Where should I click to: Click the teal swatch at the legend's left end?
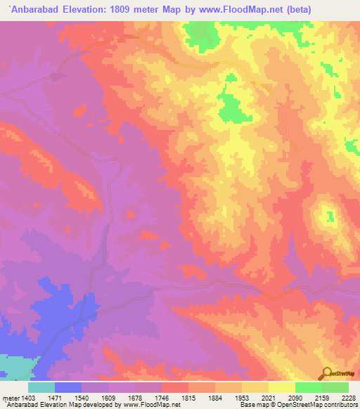click(41, 387)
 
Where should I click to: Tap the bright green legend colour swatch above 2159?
click(309, 387)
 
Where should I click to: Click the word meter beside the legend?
click(10, 397)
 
